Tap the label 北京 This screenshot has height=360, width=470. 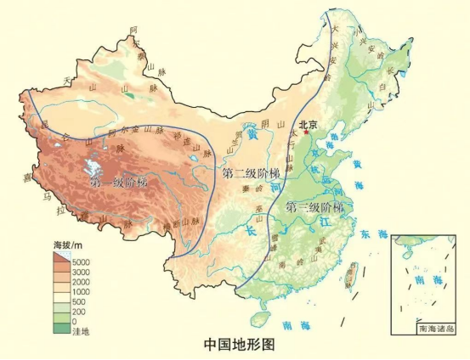pyautogui.click(x=307, y=124)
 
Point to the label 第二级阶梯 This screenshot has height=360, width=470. pyautogui.click(x=250, y=173)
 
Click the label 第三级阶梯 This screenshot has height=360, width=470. pyautogui.click(x=314, y=208)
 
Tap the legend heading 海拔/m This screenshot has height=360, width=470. pyautogui.click(x=67, y=245)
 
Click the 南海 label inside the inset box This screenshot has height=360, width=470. pyautogui.click(x=422, y=278)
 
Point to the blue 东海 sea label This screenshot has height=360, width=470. pyautogui.click(x=370, y=233)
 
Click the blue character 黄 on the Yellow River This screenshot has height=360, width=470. pyautogui.click(x=252, y=132)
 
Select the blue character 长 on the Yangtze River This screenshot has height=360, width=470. pyautogui.click(x=250, y=230)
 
